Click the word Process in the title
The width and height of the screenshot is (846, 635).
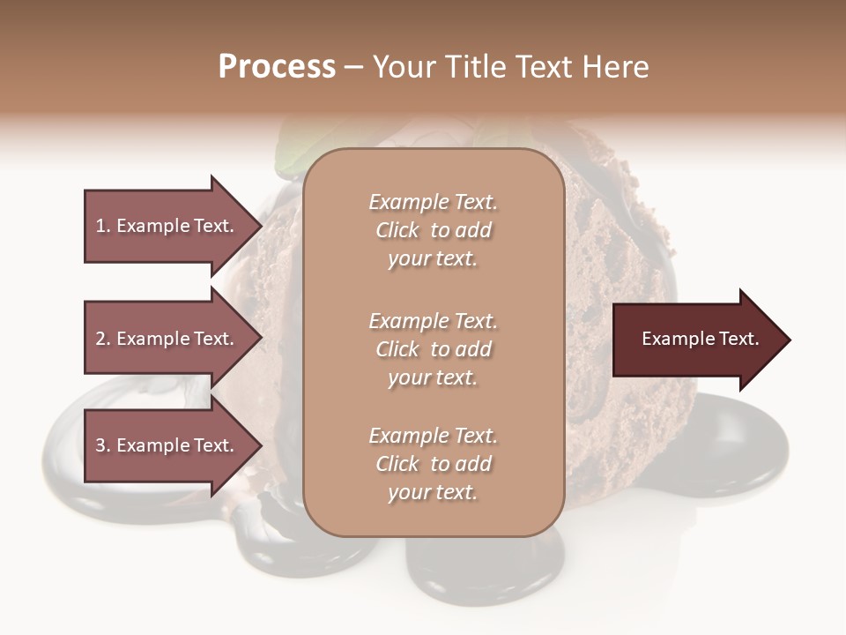277,67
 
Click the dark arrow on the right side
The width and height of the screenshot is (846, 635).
696,340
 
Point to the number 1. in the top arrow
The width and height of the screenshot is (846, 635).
103,226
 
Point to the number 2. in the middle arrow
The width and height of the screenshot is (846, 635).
103,339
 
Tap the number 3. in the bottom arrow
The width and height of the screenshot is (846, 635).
103,445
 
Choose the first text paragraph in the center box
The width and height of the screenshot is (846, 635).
433,230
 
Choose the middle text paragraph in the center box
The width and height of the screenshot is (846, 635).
433,349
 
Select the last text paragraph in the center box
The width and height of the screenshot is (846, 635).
433,464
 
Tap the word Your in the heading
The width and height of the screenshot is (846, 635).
402,67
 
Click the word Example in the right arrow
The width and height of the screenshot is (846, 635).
674,339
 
